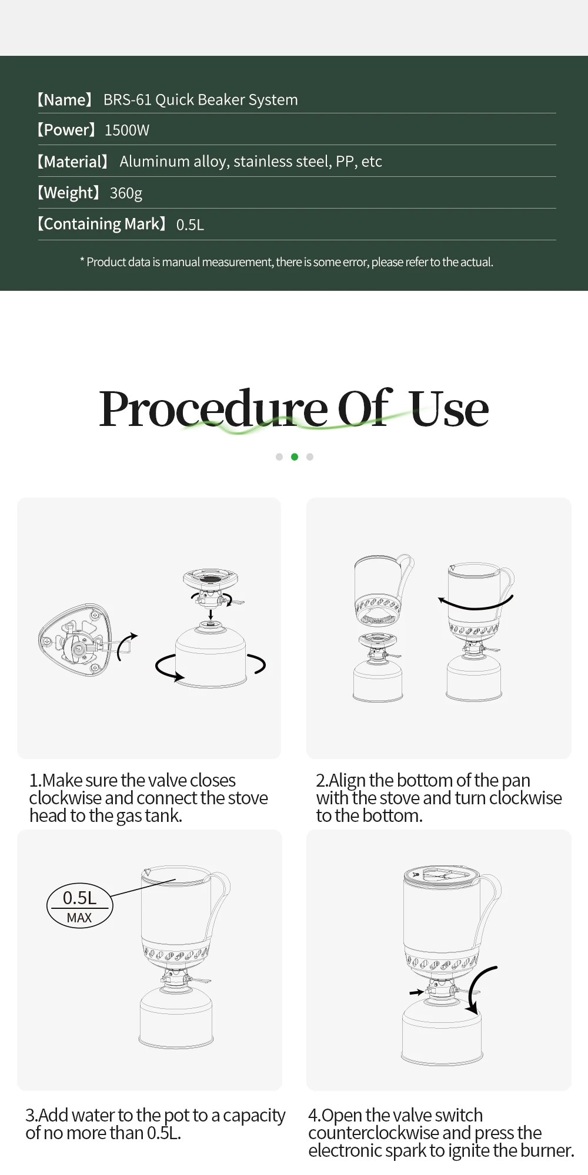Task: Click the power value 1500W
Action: click(127, 130)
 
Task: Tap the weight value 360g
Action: click(126, 193)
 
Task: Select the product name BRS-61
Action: click(128, 100)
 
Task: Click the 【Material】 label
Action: click(73, 162)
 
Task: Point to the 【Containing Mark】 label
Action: click(102, 224)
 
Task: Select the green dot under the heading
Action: click(295, 456)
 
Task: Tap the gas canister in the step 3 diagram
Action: click(176, 1018)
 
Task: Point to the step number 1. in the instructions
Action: click(35, 780)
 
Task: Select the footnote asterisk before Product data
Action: click(82, 260)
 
